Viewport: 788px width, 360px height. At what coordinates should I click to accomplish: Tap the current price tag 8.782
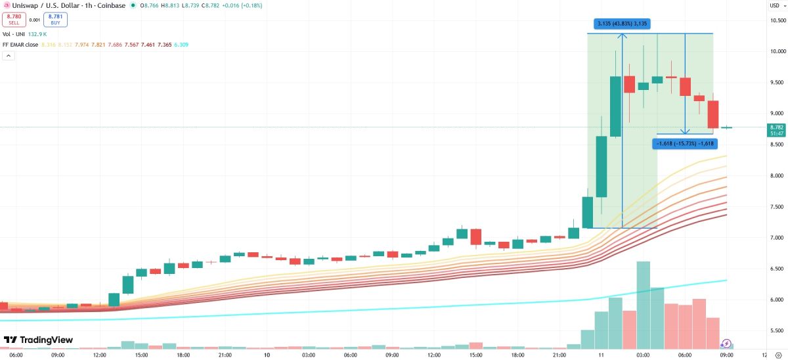click(x=776, y=127)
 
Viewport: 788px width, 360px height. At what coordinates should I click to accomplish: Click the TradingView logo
click(x=38, y=340)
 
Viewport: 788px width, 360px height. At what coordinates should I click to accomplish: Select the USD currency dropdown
click(x=776, y=6)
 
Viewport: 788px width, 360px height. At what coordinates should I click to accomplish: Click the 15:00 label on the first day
click(x=141, y=355)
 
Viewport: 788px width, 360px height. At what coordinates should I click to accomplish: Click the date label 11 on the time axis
click(x=601, y=355)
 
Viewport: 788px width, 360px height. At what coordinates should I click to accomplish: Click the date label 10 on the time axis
click(x=267, y=355)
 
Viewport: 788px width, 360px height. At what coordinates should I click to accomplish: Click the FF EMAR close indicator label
click(x=20, y=45)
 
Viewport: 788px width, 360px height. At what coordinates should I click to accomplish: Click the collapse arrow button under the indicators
click(x=9, y=56)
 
